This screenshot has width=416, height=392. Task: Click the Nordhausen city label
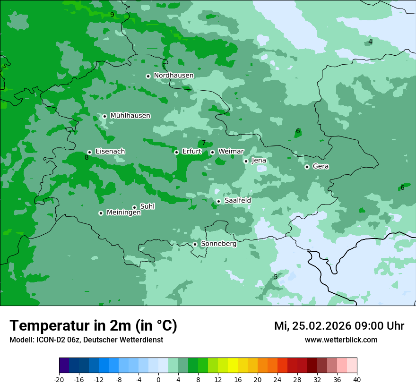pyautogui.click(x=173, y=76)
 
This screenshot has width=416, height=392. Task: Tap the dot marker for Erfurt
pyautogui.click(x=176, y=152)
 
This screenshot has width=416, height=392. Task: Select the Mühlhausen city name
pyautogui.click(x=130, y=116)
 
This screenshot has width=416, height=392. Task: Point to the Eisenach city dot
pyautogui.click(x=89, y=152)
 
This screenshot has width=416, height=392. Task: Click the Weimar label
pyautogui.click(x=231, y=152)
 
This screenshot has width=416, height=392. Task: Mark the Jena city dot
pyautogui.click(x=246, y=161)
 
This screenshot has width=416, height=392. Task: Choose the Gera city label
pyautogui.click(x=321, y=166)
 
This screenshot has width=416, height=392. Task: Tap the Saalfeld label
pyautogui.click(x=237, y=201)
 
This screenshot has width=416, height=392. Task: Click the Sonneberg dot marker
pyautogui.click(x=195, y=244)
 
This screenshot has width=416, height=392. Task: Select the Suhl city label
pyautogui.click(x=147, y=206)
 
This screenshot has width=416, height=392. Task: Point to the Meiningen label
pyautogui.click(x=123, y=213)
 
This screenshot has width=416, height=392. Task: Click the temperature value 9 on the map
pyautogui.click(x=112, y=15)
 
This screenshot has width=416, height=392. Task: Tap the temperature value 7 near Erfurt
pyautogui.click(x=204, y=143)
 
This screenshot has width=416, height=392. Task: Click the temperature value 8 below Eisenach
pyautogui.click(x=87, y=158)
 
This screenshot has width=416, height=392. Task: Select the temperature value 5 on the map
pyautogui.click(x=276, y=277)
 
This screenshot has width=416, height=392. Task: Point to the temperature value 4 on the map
pyautogui.click(x=370, y=42)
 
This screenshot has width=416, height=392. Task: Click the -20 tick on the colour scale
pyautogui.click(x=59, y=380)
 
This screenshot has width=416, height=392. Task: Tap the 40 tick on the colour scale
pyautogui.click(x=357, y=380)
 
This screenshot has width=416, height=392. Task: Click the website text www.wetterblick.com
pyautogui.click(x=341, y=340)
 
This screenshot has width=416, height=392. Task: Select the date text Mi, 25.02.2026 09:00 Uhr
pyautogui.click(x=339, y=326)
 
